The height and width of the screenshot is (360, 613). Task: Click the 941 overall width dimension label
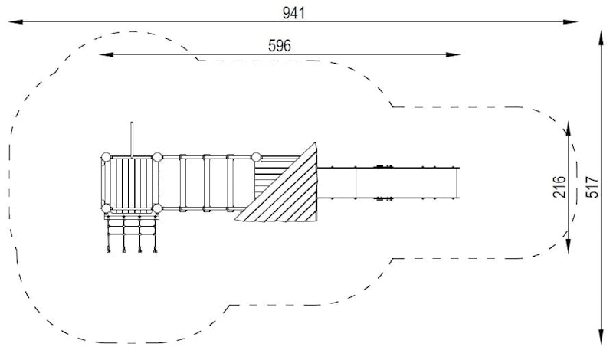(x=293, y=13)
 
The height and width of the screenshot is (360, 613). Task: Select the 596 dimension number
(x=280, y=46)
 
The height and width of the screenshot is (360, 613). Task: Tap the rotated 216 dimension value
(x=559, y=187)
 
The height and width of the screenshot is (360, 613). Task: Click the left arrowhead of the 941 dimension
(x=15, y=22)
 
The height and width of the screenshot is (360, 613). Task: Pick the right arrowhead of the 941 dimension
(x=570, y=22)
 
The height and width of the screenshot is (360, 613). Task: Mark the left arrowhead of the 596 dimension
(x=107, y=54)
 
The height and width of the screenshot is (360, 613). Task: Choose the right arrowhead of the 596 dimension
(x=453, y=54)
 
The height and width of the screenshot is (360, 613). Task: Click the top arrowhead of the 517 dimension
(x=602, y=38)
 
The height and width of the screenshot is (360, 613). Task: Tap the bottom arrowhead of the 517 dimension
(x=602, y=337)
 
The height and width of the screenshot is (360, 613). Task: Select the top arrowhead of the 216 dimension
(x=568, y=128)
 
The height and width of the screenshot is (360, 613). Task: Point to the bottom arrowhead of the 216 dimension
(x=568, y=245)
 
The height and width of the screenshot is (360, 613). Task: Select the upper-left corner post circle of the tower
(x=106, y=157)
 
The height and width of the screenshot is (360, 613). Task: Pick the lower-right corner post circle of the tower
(x=157, y=208)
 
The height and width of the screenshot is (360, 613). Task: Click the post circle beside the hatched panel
(x=256, y=157)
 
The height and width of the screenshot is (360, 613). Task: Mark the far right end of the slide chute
(x=457, y=183)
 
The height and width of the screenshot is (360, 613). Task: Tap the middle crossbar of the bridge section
(x=206, y=183)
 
